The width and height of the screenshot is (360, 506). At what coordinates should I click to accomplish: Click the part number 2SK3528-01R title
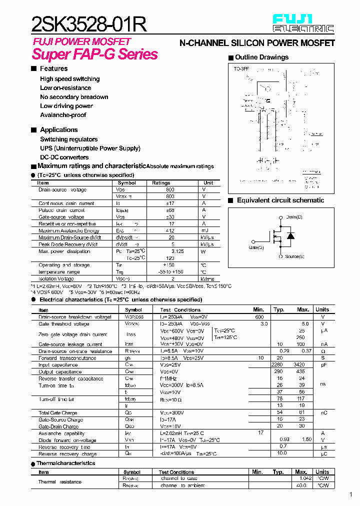pos(89,24)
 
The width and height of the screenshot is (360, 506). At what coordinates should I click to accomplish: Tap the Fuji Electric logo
pos(302,23)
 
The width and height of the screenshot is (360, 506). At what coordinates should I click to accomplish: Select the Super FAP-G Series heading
pos(94,54)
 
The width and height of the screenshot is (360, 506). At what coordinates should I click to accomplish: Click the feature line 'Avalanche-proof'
pos(63,115)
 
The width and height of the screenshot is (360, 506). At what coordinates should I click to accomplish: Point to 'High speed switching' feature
pos(69,79)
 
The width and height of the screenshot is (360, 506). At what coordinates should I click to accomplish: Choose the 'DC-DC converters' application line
pos(64,157)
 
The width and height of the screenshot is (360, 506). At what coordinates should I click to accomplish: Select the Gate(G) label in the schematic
pos(256,247)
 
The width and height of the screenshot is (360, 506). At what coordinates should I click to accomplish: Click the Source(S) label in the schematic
pos(294,256)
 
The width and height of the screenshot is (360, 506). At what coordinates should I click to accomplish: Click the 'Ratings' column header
pos(161,183)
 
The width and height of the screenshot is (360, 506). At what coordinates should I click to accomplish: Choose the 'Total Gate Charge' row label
pos(58,413)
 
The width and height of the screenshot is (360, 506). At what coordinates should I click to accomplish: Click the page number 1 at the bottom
pos(350,495)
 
